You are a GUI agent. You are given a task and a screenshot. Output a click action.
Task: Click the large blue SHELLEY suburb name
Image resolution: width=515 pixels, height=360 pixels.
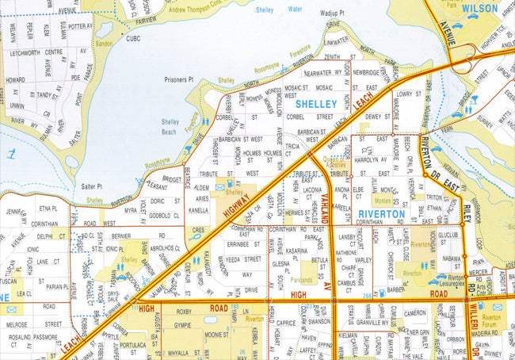pos(316,104)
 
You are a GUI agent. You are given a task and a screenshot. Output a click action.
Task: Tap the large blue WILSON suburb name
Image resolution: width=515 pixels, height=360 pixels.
pos(479,9)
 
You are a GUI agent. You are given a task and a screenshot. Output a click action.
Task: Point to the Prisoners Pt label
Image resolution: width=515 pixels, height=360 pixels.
pos(179,79)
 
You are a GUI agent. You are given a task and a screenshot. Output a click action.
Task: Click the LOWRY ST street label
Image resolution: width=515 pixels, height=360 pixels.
pos(405,94)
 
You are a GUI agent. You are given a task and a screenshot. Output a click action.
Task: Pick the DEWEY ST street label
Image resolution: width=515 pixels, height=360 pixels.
pos(375,117)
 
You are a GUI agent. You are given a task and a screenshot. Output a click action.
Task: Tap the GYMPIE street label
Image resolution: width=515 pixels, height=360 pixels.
pos(182,325)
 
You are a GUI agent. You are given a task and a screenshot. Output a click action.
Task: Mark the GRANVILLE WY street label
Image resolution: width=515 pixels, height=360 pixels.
pos(372,324)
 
